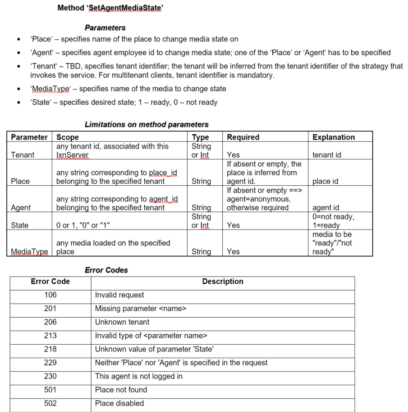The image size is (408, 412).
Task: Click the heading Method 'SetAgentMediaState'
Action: [110, 8]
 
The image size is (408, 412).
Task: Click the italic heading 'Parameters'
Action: [105, 28]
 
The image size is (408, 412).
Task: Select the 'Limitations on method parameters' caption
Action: [146, 124]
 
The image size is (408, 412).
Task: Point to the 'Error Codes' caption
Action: [106, 270]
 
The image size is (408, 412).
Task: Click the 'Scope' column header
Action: [68, 137]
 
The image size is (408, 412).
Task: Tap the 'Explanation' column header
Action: [333, 137]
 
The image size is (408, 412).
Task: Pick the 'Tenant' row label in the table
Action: [23, 154]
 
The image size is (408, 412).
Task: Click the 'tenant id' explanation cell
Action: [327, 154]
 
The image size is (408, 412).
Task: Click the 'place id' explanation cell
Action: [325, 181]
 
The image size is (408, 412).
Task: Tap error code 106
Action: [50, 295]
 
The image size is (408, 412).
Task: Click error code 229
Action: [50, 362]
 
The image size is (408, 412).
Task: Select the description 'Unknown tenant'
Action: [122, 322]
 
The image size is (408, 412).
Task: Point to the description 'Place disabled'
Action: [119, 403]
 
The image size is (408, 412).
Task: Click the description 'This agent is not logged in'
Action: [138, 376]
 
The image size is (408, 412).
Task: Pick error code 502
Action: [50, 403]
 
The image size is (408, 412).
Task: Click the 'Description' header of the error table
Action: [223, 281]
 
